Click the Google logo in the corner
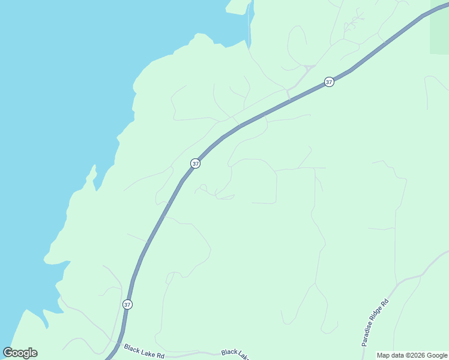[20, 353]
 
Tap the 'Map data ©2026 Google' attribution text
[412, 355]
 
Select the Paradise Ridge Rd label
[376, 323]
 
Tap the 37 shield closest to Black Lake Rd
[127, 304]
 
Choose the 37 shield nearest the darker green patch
[328, 82]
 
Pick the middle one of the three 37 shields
[195, 163]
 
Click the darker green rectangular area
[440, 33]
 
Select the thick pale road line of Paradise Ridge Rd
[414, 277]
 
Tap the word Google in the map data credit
[437, 355]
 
